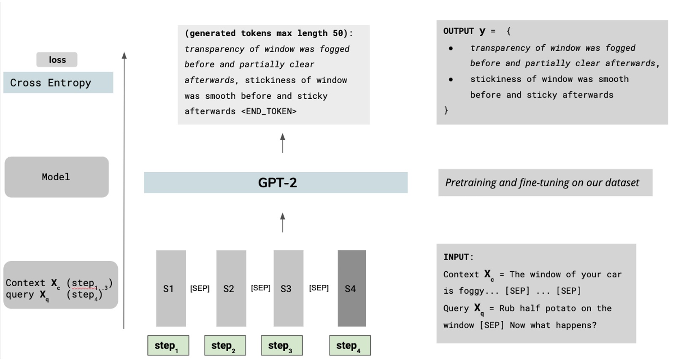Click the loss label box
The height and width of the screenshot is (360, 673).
pos(57,60)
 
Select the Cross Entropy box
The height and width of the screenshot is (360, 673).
pos(58,83)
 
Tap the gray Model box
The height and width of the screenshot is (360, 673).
pos(57,177)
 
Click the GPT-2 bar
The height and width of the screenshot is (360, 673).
pos(276,183)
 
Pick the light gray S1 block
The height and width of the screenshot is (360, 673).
pos(170,288)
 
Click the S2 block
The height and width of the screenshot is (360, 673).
pos(231,288)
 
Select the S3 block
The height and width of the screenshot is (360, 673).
pos(288,288)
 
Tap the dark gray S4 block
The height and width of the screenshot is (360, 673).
pos(351,288)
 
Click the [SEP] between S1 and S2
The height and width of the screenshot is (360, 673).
pos(200,288)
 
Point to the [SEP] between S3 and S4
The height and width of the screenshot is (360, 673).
pos(319,288)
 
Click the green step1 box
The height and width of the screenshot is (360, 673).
pos(168,346)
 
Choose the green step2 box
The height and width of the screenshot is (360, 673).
pos(225,346)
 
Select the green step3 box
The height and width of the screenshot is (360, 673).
pos(281,346)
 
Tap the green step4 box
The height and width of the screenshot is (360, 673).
pos(350,346)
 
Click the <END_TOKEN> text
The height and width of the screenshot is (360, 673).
pos(269,111)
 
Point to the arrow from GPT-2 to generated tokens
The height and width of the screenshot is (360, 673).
pos(282,143)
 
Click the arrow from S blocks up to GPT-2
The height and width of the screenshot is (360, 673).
pos(282,222)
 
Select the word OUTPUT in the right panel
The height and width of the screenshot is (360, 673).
pos(458,31)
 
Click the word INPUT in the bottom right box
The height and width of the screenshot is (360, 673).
pos(456,257)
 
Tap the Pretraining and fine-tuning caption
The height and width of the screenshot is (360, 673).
pos(542,183)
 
